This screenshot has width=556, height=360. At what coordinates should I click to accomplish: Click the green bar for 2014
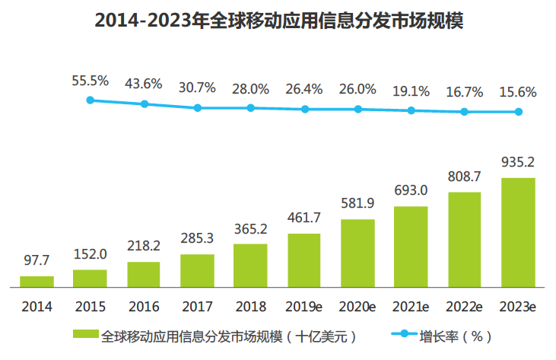click(37, 282)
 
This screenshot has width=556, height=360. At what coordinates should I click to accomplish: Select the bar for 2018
click(250, 266)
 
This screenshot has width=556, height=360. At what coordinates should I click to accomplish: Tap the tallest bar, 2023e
click(518, 233)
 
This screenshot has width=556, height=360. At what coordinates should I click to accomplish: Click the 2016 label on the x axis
click(143, 307)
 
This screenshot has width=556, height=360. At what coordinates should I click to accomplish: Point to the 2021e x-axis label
click(411, 307)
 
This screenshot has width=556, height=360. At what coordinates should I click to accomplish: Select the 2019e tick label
click(303, 307)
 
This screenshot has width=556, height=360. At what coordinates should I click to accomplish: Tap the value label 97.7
click(37, 261)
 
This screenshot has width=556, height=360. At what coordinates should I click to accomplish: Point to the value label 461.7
click(303, 218)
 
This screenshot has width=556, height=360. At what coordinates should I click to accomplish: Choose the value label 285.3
click(197, 239)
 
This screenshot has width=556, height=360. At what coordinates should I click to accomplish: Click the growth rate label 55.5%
click(91, 80)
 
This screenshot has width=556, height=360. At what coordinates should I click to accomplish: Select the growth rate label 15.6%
click(518, 93)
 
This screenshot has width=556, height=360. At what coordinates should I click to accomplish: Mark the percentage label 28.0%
click(250, 89)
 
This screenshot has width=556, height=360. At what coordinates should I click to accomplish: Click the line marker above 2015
click(91, 100)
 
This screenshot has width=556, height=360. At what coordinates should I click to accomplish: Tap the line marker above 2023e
click(518, 112)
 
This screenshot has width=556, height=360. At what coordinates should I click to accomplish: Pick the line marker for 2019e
click(304, 109)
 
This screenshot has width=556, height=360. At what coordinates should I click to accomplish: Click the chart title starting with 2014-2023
click(278, 21)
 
